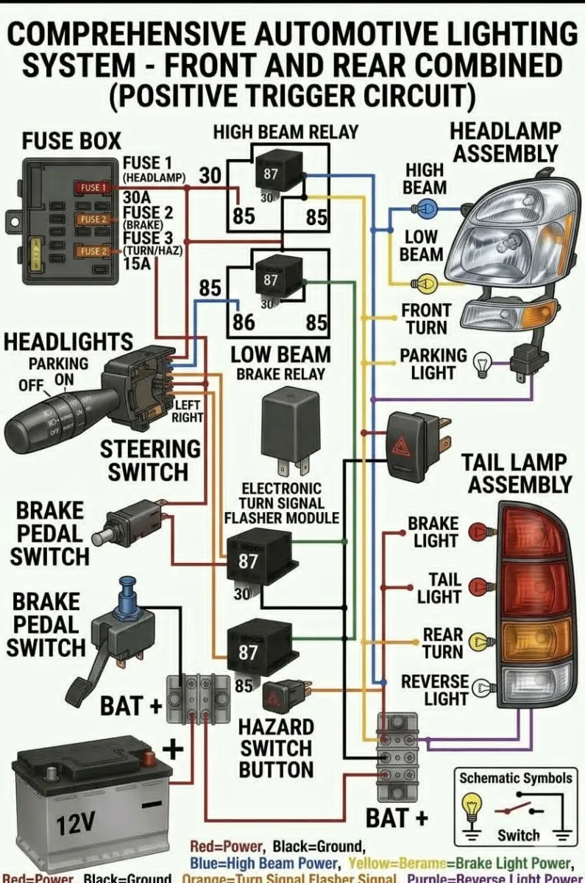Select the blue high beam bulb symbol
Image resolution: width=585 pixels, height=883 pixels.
point(428,209)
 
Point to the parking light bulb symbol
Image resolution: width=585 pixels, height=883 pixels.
point(482,361)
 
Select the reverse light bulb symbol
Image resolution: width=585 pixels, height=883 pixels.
point(484,689)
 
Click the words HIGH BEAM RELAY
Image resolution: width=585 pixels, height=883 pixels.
point(285,132)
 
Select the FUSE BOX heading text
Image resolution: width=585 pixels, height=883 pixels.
point(71,141)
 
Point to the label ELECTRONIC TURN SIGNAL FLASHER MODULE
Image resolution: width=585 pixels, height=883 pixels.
point(282,503)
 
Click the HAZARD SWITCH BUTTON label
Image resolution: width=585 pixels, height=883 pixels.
point(276,748)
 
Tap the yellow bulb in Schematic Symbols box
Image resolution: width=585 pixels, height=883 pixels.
point(471,808)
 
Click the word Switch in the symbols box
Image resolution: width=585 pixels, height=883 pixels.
point(518,835)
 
